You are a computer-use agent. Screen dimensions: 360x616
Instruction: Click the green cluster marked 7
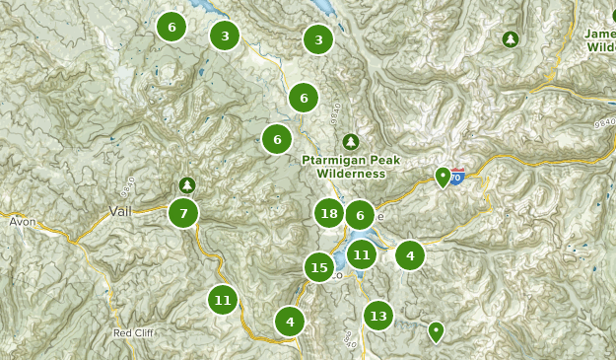(x=182, y=212)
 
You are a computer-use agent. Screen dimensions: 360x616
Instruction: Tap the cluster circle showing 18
(x=329, y=213)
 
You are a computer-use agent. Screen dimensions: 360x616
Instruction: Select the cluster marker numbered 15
(x=318, y=266)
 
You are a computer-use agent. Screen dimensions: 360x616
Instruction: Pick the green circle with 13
(x=377, y=316)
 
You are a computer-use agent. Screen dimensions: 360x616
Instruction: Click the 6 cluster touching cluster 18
(x=361, y=215)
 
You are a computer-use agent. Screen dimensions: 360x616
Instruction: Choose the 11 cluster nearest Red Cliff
(x=223, y=300)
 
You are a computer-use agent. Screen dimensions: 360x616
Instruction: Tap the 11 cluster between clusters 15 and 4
(x=362, y=254)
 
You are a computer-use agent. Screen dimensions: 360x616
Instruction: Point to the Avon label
(x=22, y=222)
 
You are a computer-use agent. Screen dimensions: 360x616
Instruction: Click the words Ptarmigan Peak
(x=350, y=160)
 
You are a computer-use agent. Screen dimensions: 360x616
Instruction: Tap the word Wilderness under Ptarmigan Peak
(x=350, y=174)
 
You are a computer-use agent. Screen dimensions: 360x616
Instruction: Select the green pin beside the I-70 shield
(x=444, y=178)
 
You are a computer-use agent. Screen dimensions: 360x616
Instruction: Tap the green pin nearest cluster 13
(x=436, y=331)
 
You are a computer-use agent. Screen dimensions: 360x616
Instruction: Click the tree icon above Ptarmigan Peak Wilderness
(x=349, y=141)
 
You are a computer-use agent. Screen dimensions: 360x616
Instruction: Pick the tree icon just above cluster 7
(x=187, y=184)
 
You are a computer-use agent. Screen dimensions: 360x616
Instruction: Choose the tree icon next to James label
(x=511, y=39)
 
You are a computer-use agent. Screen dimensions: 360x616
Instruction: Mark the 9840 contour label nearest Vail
(x=127, y=183)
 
